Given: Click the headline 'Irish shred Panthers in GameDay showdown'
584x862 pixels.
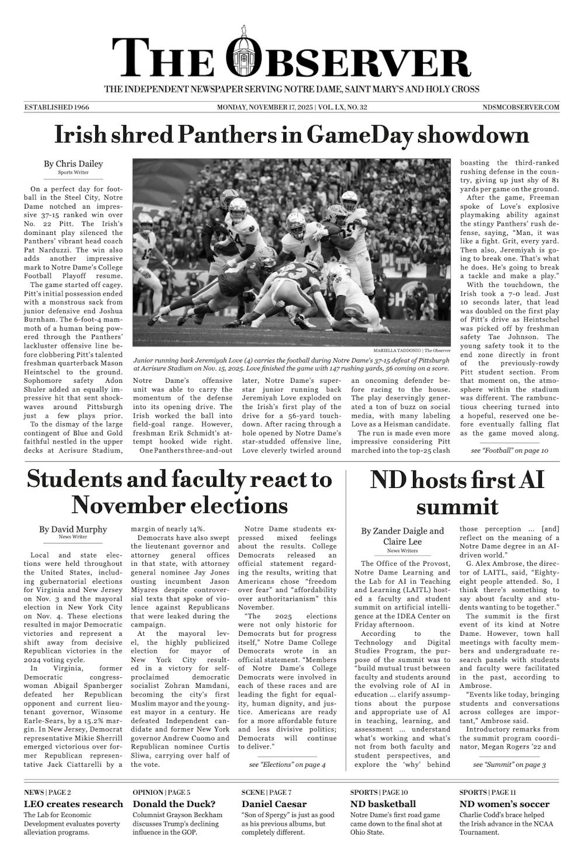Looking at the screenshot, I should coord(291,135).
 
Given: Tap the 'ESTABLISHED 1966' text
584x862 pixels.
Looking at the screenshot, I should coord(57,108).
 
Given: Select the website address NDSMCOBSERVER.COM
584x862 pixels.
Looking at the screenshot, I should coord(521,108).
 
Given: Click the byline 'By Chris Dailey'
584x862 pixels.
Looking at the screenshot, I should coord(73,164).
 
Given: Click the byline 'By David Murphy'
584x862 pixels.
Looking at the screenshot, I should coord(73,529).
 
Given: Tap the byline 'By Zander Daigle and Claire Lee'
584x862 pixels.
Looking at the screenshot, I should coord(402,536).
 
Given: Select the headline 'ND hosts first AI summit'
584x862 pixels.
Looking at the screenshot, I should coord(457,493).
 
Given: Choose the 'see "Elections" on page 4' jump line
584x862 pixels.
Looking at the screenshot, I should coord(287,764).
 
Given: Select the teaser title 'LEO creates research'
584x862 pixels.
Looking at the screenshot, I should coord(74,804).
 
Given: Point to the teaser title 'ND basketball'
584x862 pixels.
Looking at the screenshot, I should coord(383,804).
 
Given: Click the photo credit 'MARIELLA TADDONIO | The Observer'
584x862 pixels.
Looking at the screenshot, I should coord(412,350).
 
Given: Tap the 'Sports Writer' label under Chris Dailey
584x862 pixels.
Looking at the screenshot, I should coord(73,173).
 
